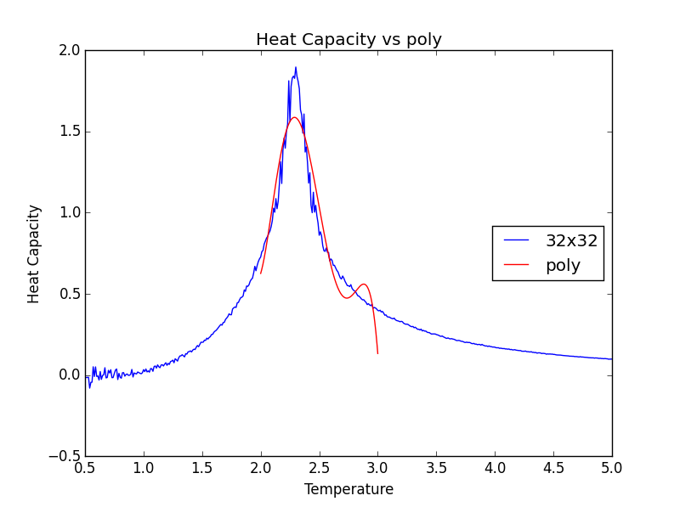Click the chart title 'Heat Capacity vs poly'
[348, 40]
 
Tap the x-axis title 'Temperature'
[348, 490]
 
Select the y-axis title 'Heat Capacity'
[34, 253]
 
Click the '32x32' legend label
[571, 240]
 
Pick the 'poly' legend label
[563, 265]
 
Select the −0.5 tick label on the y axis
[64, 456]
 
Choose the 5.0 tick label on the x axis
[611, 467]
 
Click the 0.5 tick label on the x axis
[84, 467]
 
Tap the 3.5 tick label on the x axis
[436, 467]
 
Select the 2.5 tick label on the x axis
[319, 467]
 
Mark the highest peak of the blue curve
[296, 67]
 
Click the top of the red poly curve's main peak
[294, 117]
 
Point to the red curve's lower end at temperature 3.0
[377, 353]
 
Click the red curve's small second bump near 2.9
[364, 284]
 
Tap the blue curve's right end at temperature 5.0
[611, 358]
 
